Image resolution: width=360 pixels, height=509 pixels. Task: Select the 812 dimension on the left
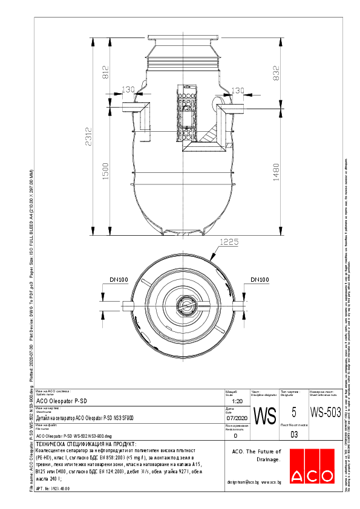tap(105, 73)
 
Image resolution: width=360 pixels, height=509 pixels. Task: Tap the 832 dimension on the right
tap(277, 74)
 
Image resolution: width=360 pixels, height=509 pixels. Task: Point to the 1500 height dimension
tap(105, 173)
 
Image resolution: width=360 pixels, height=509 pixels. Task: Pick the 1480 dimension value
tap(277, 173)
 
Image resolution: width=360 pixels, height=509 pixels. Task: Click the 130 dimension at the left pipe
tap(128, 90)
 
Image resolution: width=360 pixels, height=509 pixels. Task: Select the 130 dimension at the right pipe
tap(237, 90)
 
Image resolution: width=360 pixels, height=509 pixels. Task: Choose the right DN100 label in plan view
tap(260, 279)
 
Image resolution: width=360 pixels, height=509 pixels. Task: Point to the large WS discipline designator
tap(264, 416)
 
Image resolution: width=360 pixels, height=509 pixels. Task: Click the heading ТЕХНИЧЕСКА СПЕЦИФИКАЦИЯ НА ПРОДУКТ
tap(87, 444)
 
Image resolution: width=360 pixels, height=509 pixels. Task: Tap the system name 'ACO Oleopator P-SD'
tap(62, 401)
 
